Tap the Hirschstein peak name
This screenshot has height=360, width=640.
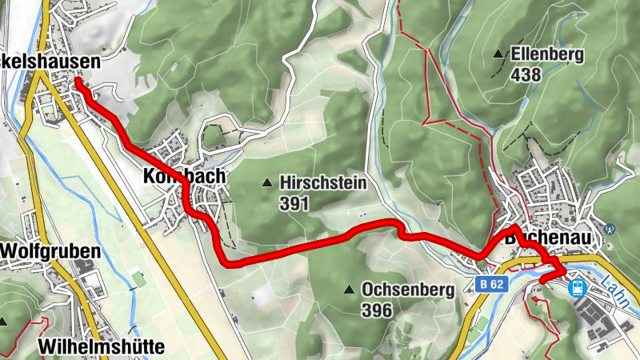coord(323,183)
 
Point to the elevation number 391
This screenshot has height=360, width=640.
coord(294,203)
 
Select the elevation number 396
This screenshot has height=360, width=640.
coord(377,310)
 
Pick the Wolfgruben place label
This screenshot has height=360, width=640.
coord(50,251)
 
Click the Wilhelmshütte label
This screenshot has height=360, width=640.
coord(100,346)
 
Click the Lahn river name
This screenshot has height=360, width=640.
coord(617,288)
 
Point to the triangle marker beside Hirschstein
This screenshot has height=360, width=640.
coord(266,183)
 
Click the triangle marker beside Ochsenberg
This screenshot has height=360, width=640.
coord(349,289)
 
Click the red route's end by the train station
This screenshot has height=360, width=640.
coord(542,279)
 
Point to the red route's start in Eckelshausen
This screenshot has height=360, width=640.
coord(78,81)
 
